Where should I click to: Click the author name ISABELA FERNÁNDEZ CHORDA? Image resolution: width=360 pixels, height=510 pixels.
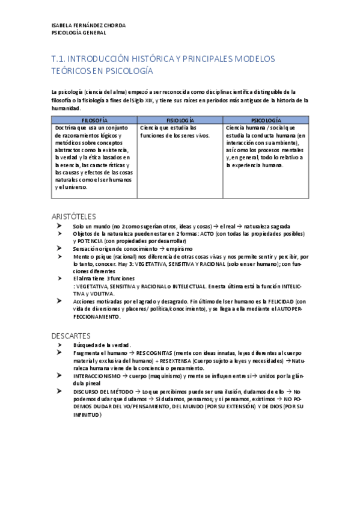pos(88,25)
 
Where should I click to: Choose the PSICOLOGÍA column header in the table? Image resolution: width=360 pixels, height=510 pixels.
pos(265,120)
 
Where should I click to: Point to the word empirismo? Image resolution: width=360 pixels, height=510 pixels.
pos(179,248)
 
